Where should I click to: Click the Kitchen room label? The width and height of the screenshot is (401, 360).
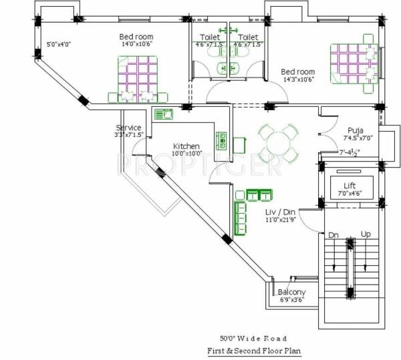point(186,146)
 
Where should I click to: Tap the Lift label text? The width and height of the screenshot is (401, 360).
point(350,185)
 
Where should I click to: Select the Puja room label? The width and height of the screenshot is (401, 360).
point(355,130)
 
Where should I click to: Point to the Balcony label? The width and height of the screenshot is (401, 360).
point(291,292)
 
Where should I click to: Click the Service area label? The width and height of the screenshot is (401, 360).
point(128,127)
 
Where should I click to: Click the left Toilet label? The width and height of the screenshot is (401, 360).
point(210,37)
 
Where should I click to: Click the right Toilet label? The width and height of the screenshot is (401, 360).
point(248,37)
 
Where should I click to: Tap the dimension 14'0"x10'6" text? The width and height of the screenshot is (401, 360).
point(136,45)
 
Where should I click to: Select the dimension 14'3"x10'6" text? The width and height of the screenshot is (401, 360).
point(297,79)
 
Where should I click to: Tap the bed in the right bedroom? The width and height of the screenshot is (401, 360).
point(353,62)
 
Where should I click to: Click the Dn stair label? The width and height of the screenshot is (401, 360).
point(333,236)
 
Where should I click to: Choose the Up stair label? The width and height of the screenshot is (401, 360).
point(366,236)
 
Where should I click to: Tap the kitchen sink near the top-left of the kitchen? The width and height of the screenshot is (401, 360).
point(163,114)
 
